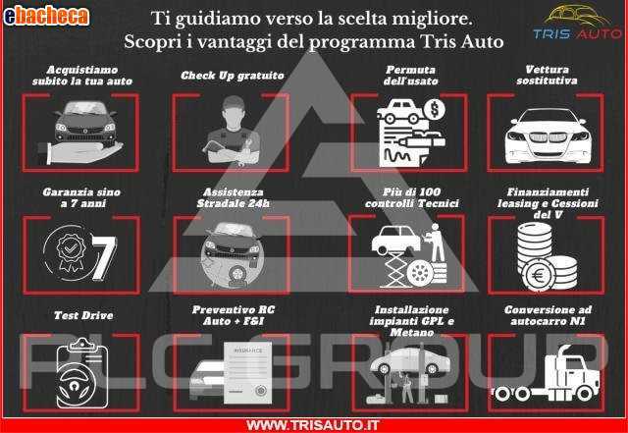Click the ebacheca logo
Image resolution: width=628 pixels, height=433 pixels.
click(46, 17)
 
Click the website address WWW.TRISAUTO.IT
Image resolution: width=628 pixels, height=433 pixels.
click(312, 425)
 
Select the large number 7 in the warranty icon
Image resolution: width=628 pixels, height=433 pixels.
click(104, 258)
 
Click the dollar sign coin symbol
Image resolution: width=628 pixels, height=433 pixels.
click(434, 109)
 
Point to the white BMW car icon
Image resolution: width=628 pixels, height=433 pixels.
click(547, 135)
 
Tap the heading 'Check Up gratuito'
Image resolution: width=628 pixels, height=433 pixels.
click(233, 76)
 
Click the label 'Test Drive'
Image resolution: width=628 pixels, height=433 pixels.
click(83, 315)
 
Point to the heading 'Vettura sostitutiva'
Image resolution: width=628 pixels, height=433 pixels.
click(547, 75)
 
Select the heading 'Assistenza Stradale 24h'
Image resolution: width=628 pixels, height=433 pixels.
click(233, 197)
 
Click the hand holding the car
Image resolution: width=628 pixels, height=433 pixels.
click(80, 153)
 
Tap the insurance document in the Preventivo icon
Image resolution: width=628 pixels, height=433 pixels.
click(248, 373)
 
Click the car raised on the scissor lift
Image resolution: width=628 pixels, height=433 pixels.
click(395, 240)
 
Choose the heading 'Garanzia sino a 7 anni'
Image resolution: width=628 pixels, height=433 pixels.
click(82, 197)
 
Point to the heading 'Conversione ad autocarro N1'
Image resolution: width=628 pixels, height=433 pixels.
click(548, 315)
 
